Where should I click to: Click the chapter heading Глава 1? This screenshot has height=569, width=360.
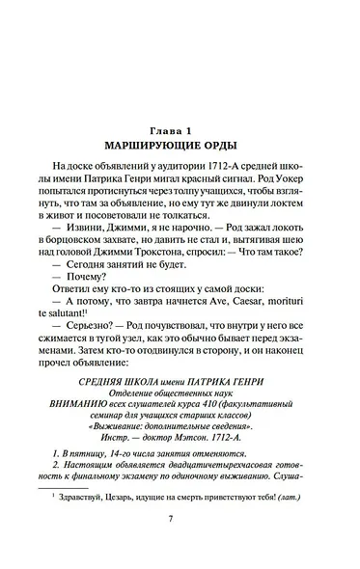(x=180, y=129)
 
